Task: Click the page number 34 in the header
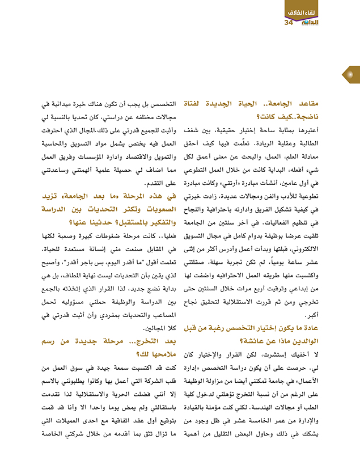click(x=288, y=23)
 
